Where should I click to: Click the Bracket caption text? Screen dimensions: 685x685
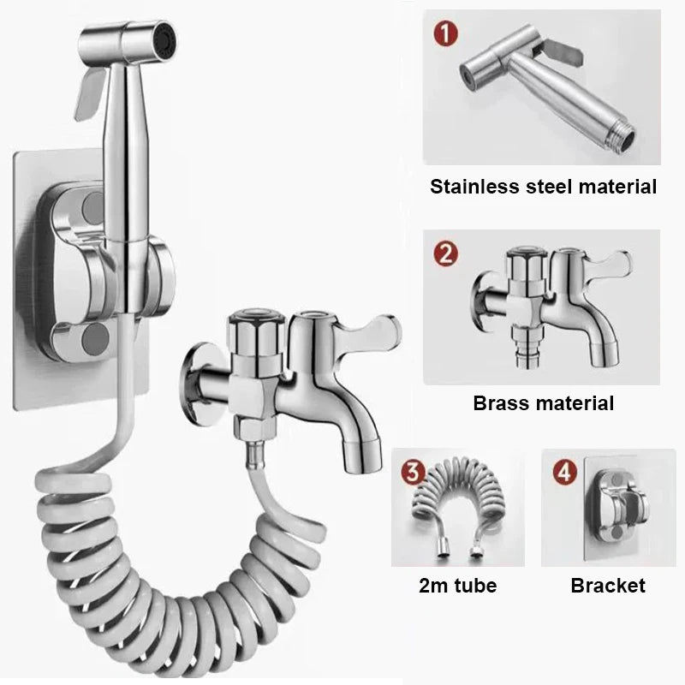(x=608, y=586)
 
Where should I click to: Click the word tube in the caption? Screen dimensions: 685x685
(x=474, y=586)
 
